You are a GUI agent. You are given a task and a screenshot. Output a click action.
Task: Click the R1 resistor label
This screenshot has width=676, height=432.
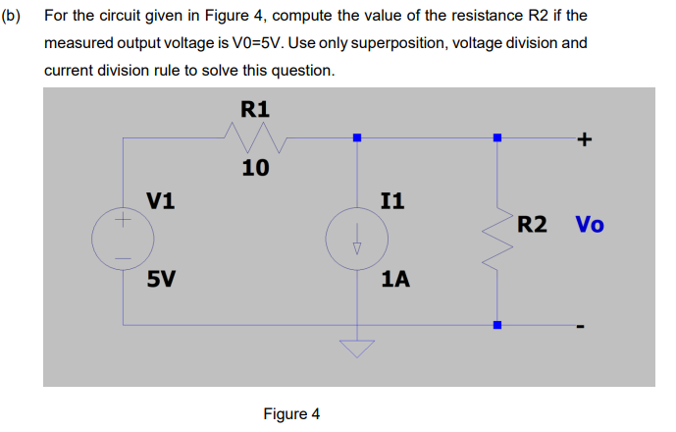[255, 108]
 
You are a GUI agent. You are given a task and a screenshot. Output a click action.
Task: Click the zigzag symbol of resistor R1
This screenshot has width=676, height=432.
[255, 138]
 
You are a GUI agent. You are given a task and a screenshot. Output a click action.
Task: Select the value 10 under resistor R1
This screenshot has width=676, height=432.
[255, 168]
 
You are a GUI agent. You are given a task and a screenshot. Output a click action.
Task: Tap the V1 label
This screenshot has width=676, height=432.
[161, 201]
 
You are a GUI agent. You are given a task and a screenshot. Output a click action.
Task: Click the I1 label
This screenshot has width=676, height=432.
[391, 202]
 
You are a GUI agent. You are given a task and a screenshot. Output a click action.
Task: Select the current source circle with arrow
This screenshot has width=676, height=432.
[357, 240]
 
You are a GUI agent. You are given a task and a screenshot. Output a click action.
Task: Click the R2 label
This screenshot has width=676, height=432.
[532, 224]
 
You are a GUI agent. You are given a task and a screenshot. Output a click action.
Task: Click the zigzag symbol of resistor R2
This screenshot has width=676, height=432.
[497, 233]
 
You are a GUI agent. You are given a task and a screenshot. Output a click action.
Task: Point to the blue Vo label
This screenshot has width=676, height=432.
[589, 224]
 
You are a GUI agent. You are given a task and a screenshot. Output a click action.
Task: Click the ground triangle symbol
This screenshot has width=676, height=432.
[357, 349]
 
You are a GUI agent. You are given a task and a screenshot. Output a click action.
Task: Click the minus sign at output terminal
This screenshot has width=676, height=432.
[581, 326]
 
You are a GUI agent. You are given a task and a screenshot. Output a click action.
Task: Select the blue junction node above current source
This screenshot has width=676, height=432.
[357, 138]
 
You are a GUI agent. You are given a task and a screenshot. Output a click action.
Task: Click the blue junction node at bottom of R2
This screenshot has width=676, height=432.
[497, 325]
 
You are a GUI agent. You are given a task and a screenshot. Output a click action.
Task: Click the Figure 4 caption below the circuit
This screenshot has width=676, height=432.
[291, 413]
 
